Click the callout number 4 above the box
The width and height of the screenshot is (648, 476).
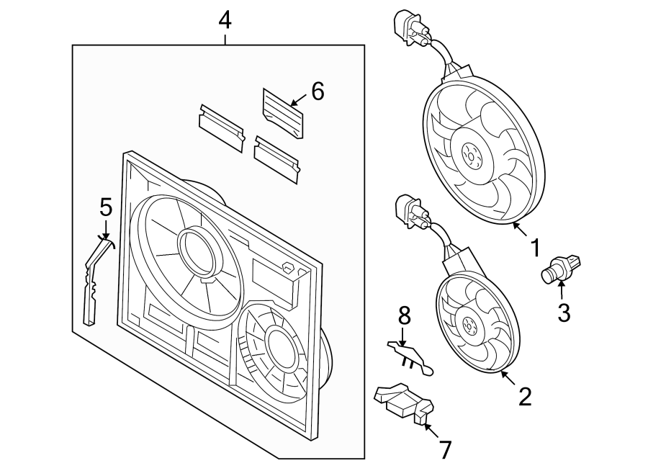click(225, 20)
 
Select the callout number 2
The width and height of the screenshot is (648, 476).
click(525, 395)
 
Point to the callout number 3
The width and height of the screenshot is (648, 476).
click(563, 313)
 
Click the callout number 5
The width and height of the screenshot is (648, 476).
click(106, 208)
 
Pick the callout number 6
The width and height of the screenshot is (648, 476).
click(317, 91)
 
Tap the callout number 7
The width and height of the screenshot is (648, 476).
click(445, 450)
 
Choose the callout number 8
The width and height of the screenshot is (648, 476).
click(404, 315)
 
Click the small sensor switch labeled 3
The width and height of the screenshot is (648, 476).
click(561, 269)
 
